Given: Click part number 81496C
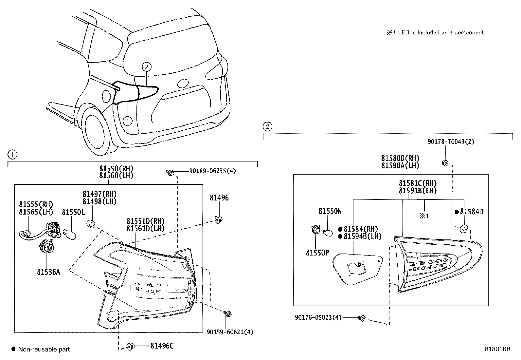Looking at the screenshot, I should pos(162,346).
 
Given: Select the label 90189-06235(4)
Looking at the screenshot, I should pos(212,171).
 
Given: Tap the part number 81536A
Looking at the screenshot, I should pos(48,272).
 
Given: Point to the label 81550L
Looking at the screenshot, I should pos(73,212).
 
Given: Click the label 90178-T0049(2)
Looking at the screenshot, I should pos(451,142).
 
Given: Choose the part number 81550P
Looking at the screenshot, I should pos(317,253).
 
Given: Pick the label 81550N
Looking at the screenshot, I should pos(330,211).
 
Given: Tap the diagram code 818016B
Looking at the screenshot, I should pos(497,349).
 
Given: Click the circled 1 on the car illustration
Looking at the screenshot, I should pos(127,121).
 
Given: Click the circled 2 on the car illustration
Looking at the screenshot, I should pos(147,67).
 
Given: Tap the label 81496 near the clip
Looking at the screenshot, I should pos(219,198).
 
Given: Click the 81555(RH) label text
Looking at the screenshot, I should pos(36,205).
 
